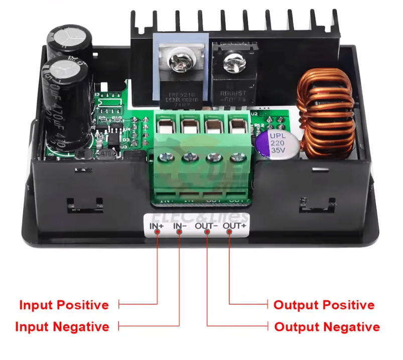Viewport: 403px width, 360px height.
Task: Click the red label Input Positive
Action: coord(64,305)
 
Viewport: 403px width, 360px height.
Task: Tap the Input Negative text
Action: coord(62,327)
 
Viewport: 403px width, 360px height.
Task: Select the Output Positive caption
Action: coord(324,305)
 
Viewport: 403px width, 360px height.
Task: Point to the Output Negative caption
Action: coord(327,327)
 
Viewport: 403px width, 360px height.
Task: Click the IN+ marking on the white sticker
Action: coord(157,226)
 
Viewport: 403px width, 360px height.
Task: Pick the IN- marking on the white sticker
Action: coord(181,226)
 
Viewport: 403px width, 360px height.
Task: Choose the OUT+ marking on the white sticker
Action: coord(234,226)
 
